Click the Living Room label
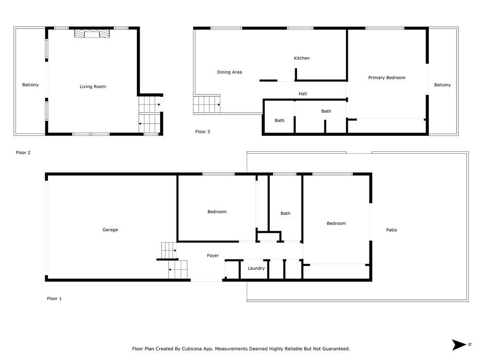[x=93, y=86]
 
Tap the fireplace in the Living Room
[x=92, y=33]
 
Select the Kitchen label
[x=302, y=58]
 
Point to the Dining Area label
[x=229, y=72]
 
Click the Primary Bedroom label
[x=386, y=78]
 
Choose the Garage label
[x=110, y=230]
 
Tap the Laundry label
[x=256, y=268]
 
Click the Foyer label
[x=213, y=256]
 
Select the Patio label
[x=391, y=230]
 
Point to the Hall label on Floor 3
[x=303, y=94]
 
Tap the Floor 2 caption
[x=23, y=153]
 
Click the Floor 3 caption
[x=202, y=132]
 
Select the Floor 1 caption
[x=54, y=298]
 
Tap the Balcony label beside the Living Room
[x=31, y=85]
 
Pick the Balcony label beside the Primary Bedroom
[x=442, y=85]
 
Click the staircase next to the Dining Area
[x=207, y=104]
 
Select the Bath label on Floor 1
[x=285, y=213]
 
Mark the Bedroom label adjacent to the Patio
[x=336, y=223]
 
